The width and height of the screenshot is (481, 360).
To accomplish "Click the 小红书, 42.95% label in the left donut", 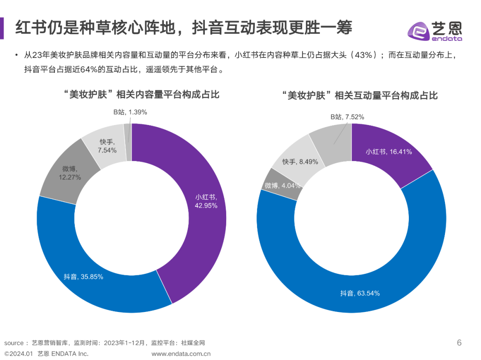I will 206,201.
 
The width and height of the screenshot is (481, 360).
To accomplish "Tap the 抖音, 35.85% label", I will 83,277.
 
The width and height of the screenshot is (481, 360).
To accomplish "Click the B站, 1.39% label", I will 130,112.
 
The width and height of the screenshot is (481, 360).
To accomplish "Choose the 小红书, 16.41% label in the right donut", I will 389,152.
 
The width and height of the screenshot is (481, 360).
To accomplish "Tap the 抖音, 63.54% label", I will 360,293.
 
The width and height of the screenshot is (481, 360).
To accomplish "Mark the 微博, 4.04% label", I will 281,186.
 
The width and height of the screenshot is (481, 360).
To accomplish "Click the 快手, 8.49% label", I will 300,162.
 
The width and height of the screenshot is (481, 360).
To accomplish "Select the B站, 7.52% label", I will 347,117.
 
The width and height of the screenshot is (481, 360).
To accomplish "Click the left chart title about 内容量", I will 141,94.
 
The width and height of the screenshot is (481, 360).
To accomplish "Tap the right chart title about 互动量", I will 360,95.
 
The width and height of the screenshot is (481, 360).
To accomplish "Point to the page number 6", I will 459,342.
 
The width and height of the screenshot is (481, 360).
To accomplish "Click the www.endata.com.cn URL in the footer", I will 181,354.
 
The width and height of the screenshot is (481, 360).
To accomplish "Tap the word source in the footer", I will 13,343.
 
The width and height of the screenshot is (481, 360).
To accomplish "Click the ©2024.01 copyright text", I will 19,354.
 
